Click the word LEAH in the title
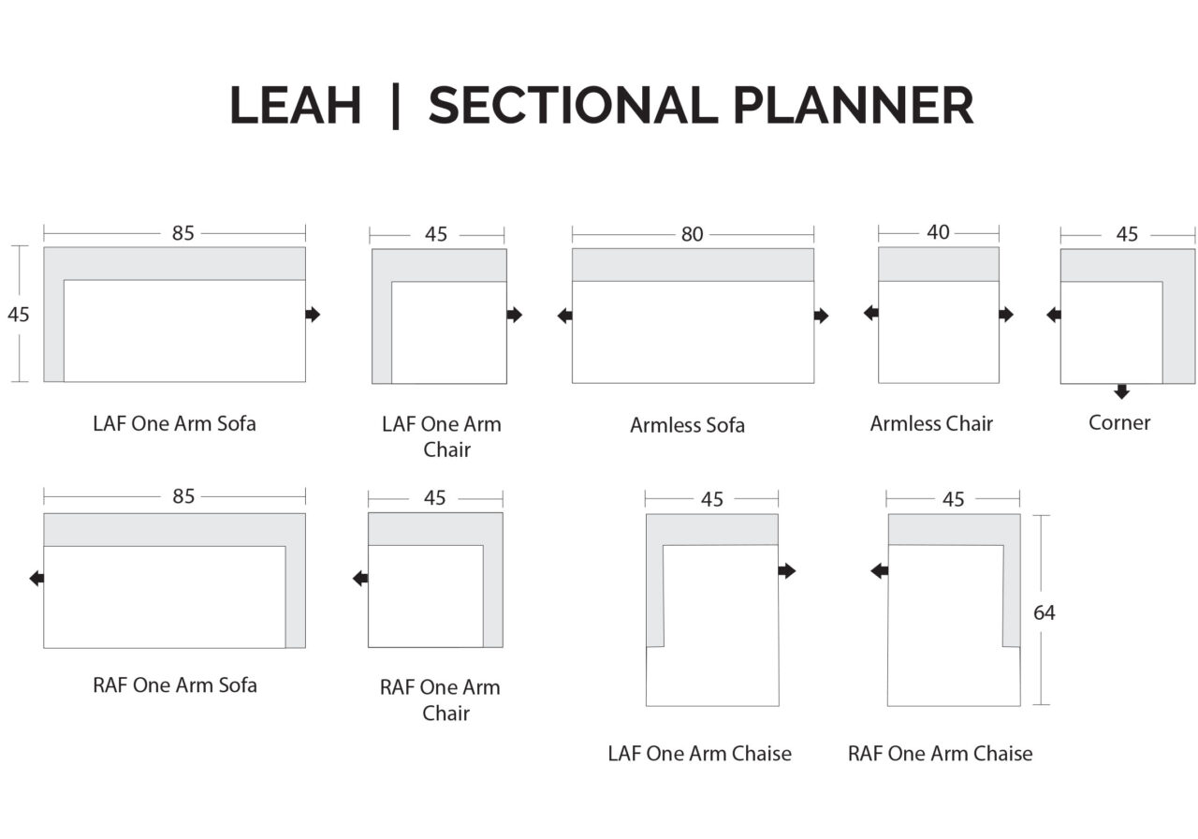295,106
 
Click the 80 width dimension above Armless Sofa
692,234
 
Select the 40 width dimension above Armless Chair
938,232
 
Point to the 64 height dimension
1044,612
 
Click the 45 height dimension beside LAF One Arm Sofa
19,315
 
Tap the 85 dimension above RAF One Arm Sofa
183,496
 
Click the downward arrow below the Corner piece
1121,391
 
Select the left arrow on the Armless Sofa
564,316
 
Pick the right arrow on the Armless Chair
1006,314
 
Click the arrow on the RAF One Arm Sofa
37,578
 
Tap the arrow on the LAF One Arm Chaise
787,571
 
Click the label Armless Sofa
687,425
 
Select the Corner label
1119,422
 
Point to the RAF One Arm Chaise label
941,754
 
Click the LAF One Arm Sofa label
174,424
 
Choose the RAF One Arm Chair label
440,699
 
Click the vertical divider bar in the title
396,106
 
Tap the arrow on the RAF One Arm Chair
360,578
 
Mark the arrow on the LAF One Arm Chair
515,315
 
